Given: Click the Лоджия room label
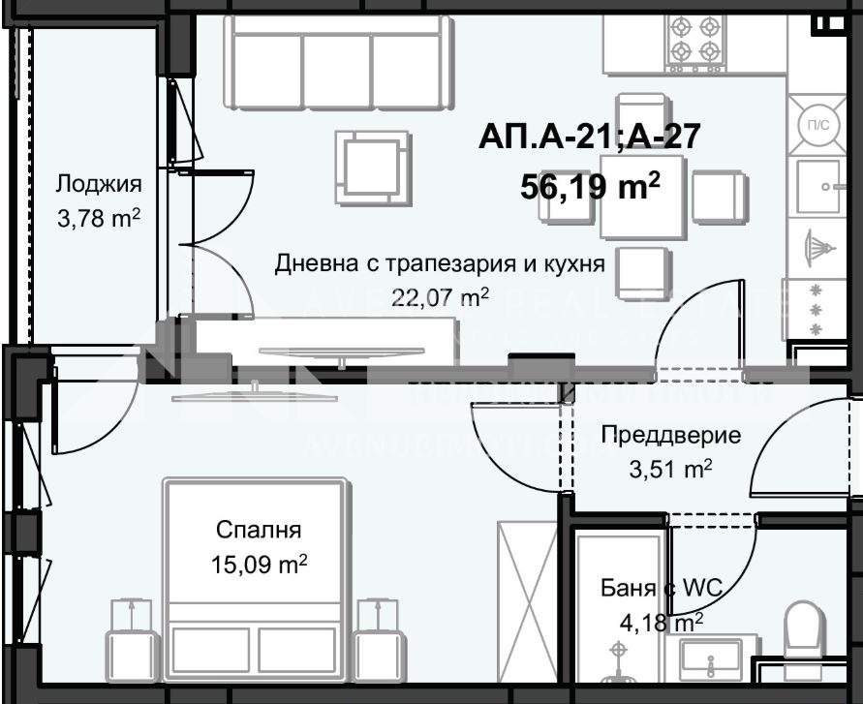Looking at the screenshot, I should (x=99, y=184).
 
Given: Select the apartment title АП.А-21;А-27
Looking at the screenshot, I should (x=588, y=137).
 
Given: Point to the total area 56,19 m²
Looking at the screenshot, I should (x=590, y=185).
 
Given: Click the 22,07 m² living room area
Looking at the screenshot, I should (x=439, y=297).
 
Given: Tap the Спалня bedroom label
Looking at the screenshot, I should (x=259, y=530).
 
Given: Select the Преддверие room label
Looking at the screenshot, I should (x=670, y=435).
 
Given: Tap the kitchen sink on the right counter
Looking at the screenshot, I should (x=818, y=186).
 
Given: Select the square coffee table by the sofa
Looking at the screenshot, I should (x=371, y=168).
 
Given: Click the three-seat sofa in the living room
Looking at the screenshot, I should (x=338, y=58).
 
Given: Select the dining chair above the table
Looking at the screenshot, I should (x=641, y=113).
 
